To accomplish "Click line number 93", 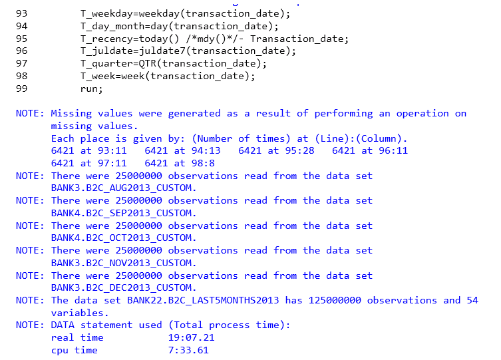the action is tap(21, 14).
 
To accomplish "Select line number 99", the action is tap(21, 89).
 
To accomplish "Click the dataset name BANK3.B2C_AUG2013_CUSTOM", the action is tap(123, 188).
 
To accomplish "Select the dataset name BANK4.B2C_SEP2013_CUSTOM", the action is tap(123, 213).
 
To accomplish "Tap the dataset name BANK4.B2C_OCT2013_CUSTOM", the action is tap(123, 238).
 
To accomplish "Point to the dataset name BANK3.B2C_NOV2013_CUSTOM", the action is tap(123, 263).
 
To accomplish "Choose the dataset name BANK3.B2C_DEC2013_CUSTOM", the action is tap(123, 288).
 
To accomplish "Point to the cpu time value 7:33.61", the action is tap(188, 350).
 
